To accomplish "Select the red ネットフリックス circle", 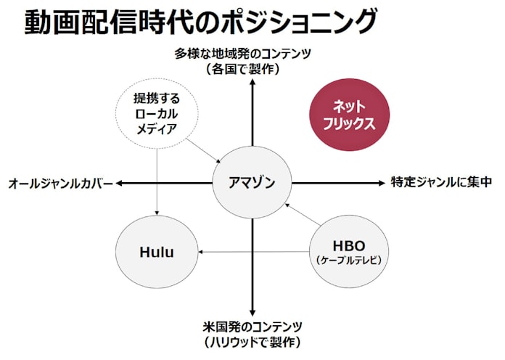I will pyautogui.click(x=349, y=114).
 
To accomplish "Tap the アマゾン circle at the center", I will pyautogui.click(x=252, y=182).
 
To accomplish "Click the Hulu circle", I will pyautogui.click(x=157, y=252).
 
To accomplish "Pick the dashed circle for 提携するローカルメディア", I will pyautogui.click(x=156, y=113).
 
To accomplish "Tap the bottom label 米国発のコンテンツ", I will pyautogui.click(x=252, y=326).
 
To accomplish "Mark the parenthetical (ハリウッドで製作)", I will pyautogui.click(x=252, y=341).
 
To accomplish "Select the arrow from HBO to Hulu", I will pyautogui.click(x=254, y=252).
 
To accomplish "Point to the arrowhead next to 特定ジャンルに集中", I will pyautogui.click(x=382, y=182).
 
